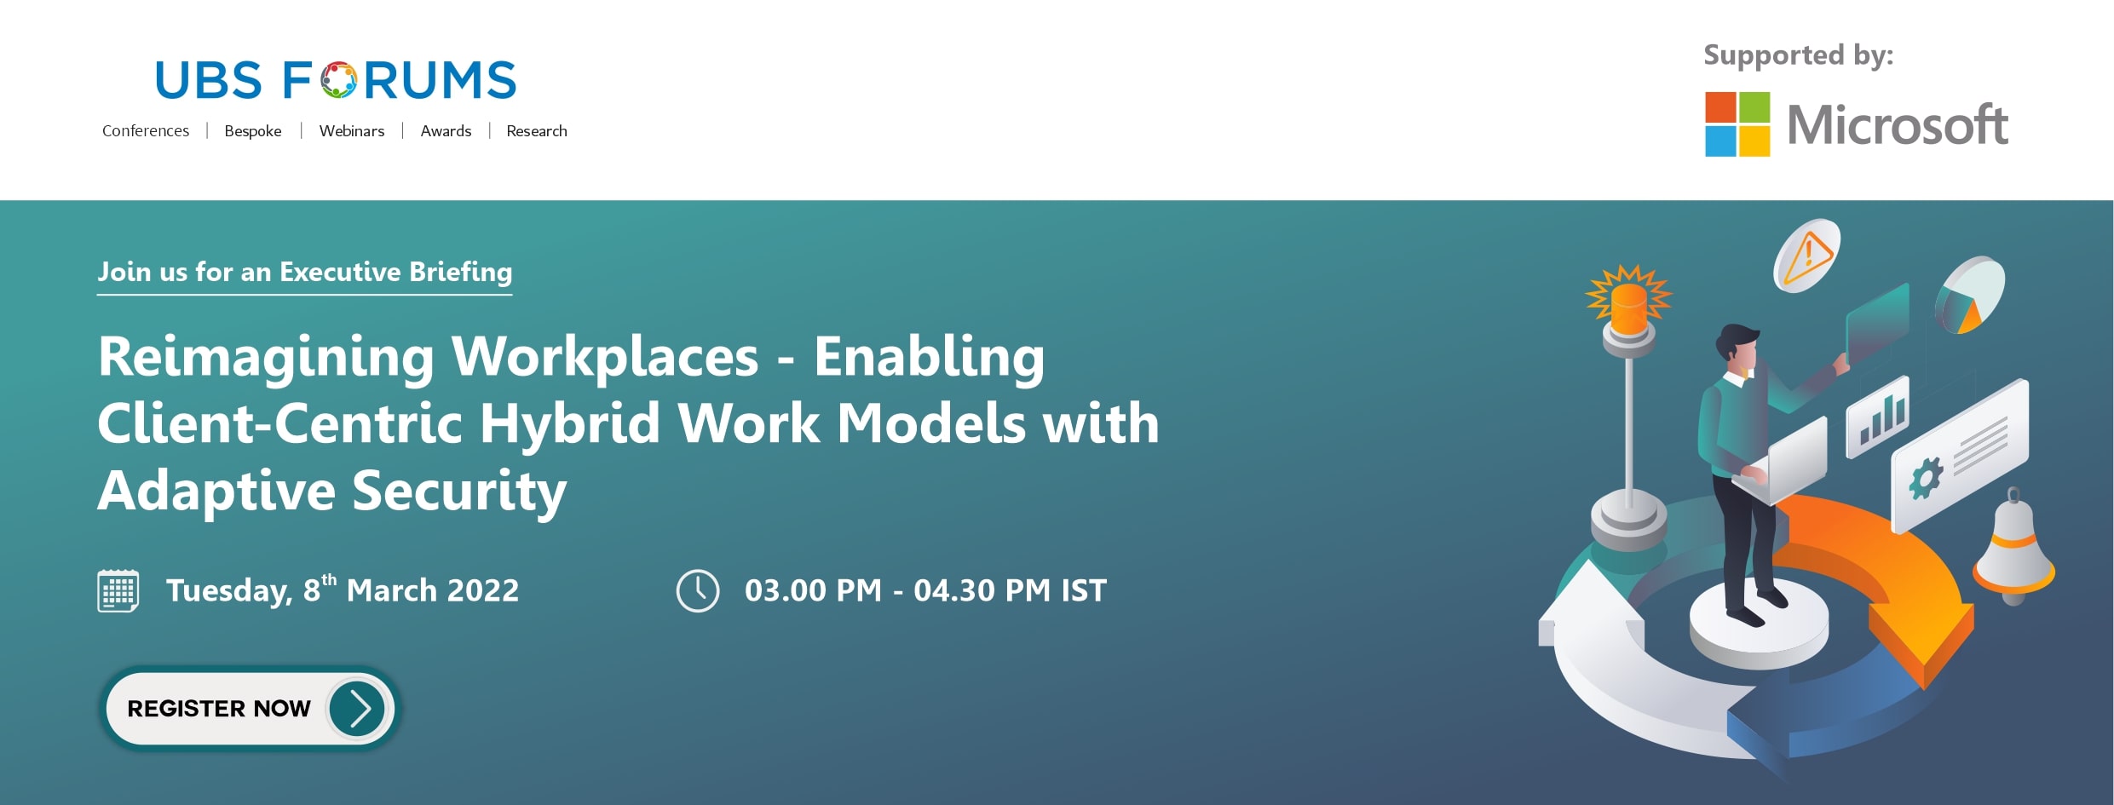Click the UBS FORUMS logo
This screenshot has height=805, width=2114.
pos(336,80)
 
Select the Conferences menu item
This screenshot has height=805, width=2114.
pos(146,130)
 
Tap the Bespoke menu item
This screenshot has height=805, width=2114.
pos(253,130)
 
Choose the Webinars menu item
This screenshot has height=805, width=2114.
pos(352,130)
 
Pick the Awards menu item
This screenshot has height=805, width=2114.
pos(446,130)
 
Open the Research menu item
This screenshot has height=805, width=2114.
pos(537,130)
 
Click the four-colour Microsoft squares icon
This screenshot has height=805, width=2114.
pos(1737,124)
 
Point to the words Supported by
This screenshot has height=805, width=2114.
pos(1799,55)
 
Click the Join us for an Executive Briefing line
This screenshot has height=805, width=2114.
pos(305,272)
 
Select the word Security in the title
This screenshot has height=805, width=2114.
pos(459,492)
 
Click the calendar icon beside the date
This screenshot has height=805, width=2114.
pos(118,590)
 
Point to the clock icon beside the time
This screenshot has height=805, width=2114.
pos(698,590)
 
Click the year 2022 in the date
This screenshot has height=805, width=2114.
pos(483,590)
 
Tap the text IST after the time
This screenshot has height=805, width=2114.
pos(1084,590)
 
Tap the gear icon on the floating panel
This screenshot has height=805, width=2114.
pos(1926,478)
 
